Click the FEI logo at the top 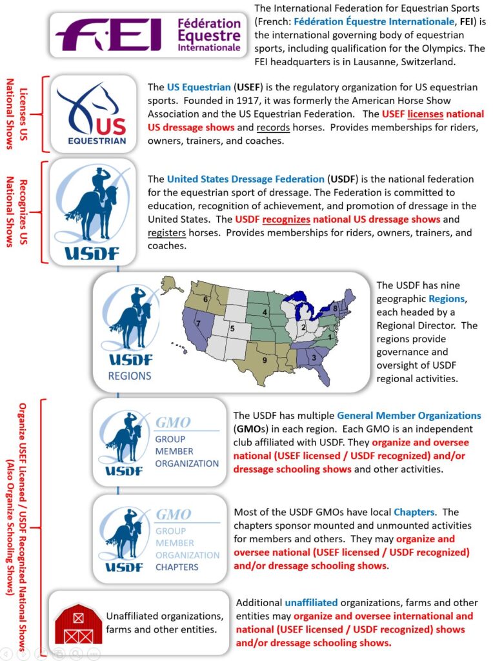(x=148, y=35)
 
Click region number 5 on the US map (x=233, y=329)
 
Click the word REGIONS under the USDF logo (x=129, y=375)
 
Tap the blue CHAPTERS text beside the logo (x=177, y=567)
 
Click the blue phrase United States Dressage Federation (x=245, y=179)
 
